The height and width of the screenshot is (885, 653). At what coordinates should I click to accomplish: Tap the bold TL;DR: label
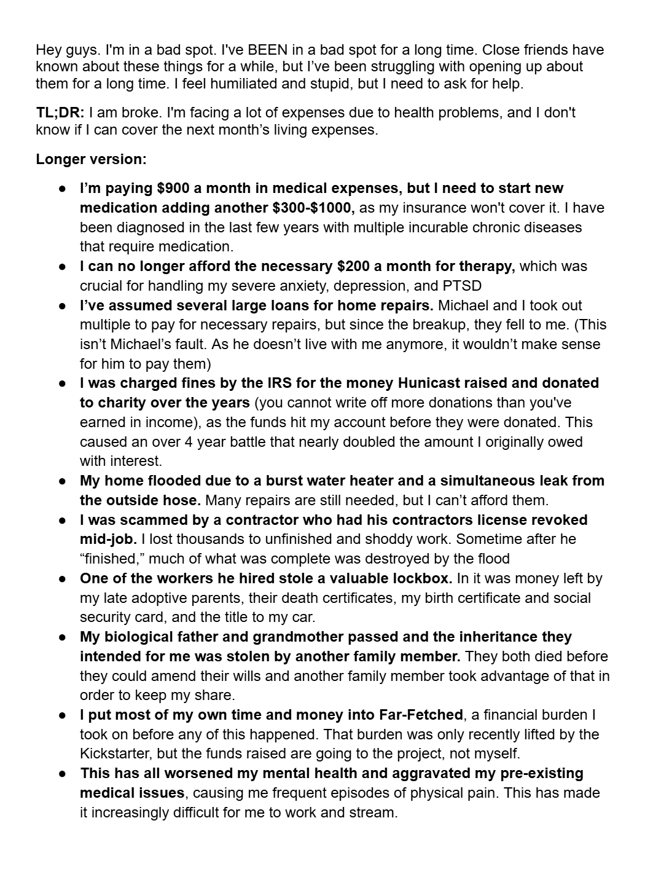pos(60,112)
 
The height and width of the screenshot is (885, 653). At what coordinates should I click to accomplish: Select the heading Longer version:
pos(91,159)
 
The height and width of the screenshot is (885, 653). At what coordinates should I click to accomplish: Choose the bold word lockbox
pos(422,578)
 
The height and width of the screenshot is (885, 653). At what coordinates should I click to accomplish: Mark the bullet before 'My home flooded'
pos(63,481)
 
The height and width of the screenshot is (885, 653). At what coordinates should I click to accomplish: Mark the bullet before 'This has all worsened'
pos(63,773)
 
